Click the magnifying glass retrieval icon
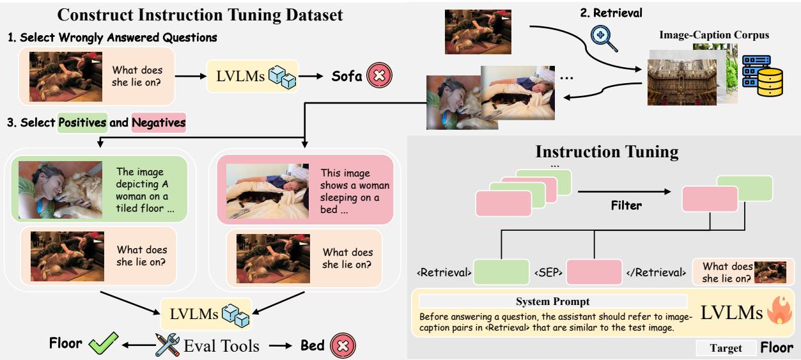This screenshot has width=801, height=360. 603,36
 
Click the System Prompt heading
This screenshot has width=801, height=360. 552,301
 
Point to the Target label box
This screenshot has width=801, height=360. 726,348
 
